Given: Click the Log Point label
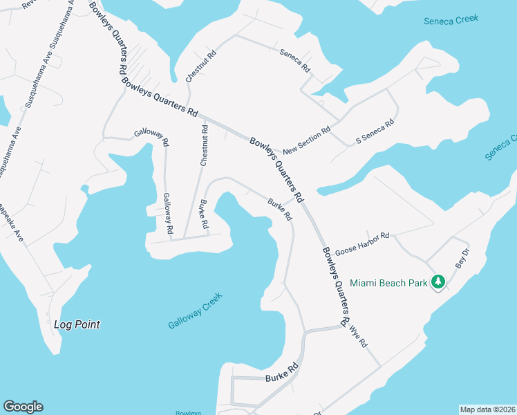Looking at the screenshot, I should [77, 324].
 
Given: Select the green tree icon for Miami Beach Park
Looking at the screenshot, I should [437, 282].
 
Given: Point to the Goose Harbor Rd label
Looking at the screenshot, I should [362, 244].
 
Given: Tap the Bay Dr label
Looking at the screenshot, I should [462, 258].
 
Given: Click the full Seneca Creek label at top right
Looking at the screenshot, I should [451, 21].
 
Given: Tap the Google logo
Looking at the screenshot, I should [23, 407].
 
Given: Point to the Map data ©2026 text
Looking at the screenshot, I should [487, 409].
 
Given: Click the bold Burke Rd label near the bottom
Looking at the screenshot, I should [281, 379].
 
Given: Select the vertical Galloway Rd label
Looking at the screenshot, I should [167, 212].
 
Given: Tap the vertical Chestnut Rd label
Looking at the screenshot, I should [204, 145].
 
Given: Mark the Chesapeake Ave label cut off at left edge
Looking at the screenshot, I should [12, 223].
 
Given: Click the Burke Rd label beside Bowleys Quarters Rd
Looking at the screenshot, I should [280, 210].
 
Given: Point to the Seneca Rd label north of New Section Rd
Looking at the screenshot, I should [295, 62].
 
